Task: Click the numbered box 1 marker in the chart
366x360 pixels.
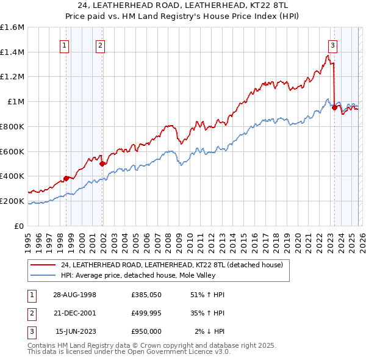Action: (x=65, y=45)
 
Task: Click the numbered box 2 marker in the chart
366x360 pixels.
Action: (x=100, y=45)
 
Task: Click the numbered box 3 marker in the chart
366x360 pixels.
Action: (x=332, y=45)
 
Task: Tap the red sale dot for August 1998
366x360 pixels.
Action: (x=66, y=178)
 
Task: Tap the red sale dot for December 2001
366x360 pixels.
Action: (x=102, y=164)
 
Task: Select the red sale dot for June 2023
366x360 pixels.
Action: (x=334, y=107)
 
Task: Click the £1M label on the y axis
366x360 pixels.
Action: (x=16, y=102)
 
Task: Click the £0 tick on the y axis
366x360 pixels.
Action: (x=20, y=226)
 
